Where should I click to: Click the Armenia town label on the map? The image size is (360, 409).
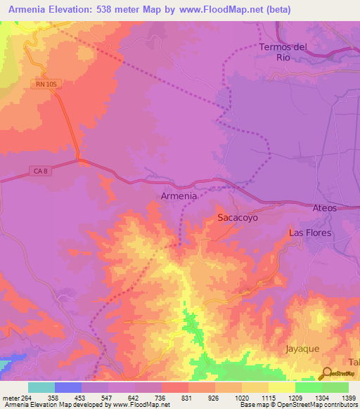[179, 196]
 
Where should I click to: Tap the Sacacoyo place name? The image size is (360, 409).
[238, 218]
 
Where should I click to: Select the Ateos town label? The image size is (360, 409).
[324, 208]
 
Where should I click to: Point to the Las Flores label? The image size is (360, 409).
[310, 233]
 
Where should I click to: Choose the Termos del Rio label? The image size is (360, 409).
[283, 52]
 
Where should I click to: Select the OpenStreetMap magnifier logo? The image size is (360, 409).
[328, 373]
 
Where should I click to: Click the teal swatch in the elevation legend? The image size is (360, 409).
[41, 387]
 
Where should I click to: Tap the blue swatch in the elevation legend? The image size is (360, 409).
[68, 387]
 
